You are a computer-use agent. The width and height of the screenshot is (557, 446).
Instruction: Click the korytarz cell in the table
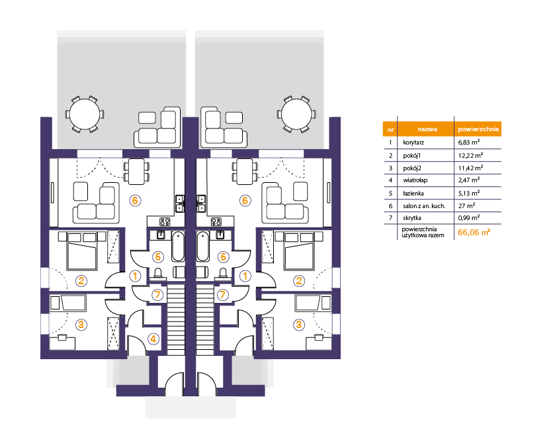(413, 142)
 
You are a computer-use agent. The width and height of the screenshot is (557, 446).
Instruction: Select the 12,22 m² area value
(470, 155)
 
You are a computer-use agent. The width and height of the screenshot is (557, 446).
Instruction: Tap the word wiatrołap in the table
(415, 180)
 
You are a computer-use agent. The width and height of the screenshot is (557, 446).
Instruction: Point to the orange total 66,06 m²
(474, 233)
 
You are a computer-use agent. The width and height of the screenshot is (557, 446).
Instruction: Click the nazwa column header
(427, 129)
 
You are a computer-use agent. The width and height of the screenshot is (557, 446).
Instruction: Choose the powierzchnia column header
(478, 129)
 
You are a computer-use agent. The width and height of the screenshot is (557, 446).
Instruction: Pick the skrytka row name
(412, 218)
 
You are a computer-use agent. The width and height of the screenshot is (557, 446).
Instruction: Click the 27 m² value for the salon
(467, 205)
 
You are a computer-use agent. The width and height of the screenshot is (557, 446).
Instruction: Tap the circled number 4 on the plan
(153, 339)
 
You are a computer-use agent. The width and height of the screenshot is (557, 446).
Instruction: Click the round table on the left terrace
(85, 115)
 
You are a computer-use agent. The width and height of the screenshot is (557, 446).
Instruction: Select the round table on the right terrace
(296, 115)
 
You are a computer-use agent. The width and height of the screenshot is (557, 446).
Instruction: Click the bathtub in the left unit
(179, 247)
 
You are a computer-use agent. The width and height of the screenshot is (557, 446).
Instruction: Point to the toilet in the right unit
(223, 273)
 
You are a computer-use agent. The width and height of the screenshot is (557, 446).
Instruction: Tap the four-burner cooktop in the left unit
(165, 222)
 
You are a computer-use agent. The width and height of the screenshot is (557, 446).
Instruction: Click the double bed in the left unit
(82, 251)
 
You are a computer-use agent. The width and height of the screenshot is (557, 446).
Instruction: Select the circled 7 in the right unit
(223, 295)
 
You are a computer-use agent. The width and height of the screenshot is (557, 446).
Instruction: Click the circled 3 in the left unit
(81, 325)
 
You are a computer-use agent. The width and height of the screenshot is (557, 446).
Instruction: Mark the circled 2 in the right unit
(299, 281)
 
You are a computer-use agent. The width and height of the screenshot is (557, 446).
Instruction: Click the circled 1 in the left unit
(135, 276)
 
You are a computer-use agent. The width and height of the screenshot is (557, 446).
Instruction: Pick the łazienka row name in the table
(413, 194)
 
